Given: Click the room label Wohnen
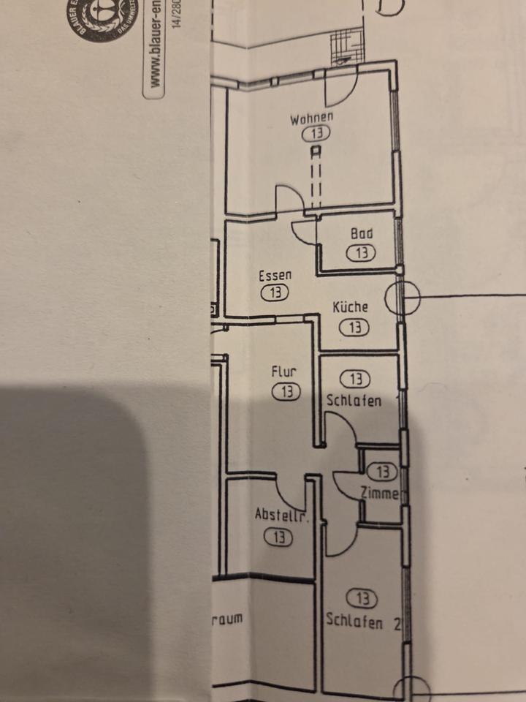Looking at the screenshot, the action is [x=312, y=118].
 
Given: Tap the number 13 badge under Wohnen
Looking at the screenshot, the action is [x=316, y=134].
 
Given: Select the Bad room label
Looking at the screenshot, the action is [x=362, y=234].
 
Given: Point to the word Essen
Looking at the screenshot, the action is [x=275, y=276].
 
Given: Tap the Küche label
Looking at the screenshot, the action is [x=351, y=308].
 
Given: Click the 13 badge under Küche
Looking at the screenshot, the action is [x=354, y=328].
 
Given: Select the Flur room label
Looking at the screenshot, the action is [x=283, y=371].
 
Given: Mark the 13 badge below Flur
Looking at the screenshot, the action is [x=286, y=392].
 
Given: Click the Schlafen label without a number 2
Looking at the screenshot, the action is [x=354, y=401].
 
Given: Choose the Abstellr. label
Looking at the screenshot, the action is [x=282, y=516].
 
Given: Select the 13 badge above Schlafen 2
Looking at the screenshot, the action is [x=362, y=600].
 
